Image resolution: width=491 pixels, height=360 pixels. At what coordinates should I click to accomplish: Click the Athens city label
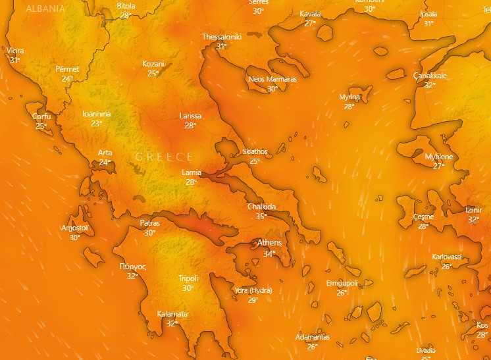pyautogui.click(x=269, y=243)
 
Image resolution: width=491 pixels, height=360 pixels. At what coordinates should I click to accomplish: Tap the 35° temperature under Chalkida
pyautogui.click(x=261, y=216)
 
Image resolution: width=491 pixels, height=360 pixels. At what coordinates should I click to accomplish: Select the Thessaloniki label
pyautogui.click(x=222, y=37)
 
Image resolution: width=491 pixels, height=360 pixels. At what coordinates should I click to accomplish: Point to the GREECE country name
pyautogui.click(x=164, y=157)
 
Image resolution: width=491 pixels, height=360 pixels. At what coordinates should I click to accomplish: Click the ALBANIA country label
pyautogui.click(x=45, y=9)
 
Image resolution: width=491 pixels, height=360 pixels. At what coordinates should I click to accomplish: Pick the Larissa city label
pyautogui.click(x=190, y=116)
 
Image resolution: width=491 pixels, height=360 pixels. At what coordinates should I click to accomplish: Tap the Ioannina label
pyautogui.click(x=97, y=114)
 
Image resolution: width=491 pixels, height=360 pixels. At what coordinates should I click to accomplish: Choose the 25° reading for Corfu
pyautogui.click(x=41, y=126)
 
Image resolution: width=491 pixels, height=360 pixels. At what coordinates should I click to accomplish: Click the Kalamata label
pyautogui.click(x=172, y=314)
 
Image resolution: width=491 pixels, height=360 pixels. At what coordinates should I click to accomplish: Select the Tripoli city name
pyautogui.click(x=188, y=278)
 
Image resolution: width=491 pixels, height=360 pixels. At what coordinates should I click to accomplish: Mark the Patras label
pyautogui.click(x=150, y=223)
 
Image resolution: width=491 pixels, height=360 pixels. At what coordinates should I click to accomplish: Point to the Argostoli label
pyautogui.click(x=74, y=228)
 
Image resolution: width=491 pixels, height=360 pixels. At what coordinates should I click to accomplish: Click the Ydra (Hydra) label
pyautogui.click(x=253, y=290)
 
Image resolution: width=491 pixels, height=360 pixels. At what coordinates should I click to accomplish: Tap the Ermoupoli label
pyautogui.click(x=342, y=284)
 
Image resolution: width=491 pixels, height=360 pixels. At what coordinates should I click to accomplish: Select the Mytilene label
pyautogui.click(x=439, y=157)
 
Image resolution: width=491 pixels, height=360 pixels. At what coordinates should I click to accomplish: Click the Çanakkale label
pyautogui.click(x=430, y=76)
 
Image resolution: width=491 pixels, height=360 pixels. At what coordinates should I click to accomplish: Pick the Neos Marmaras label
pyautogui.click(x=272, y=79)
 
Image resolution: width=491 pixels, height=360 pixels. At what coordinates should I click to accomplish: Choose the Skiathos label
pyautogui.click(x=255, y=151)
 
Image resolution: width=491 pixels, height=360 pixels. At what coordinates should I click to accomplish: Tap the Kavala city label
pyautogui.click(x=310, y=14)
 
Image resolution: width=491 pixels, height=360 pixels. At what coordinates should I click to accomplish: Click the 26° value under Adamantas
pyautogui.click(x=312, y=347)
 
